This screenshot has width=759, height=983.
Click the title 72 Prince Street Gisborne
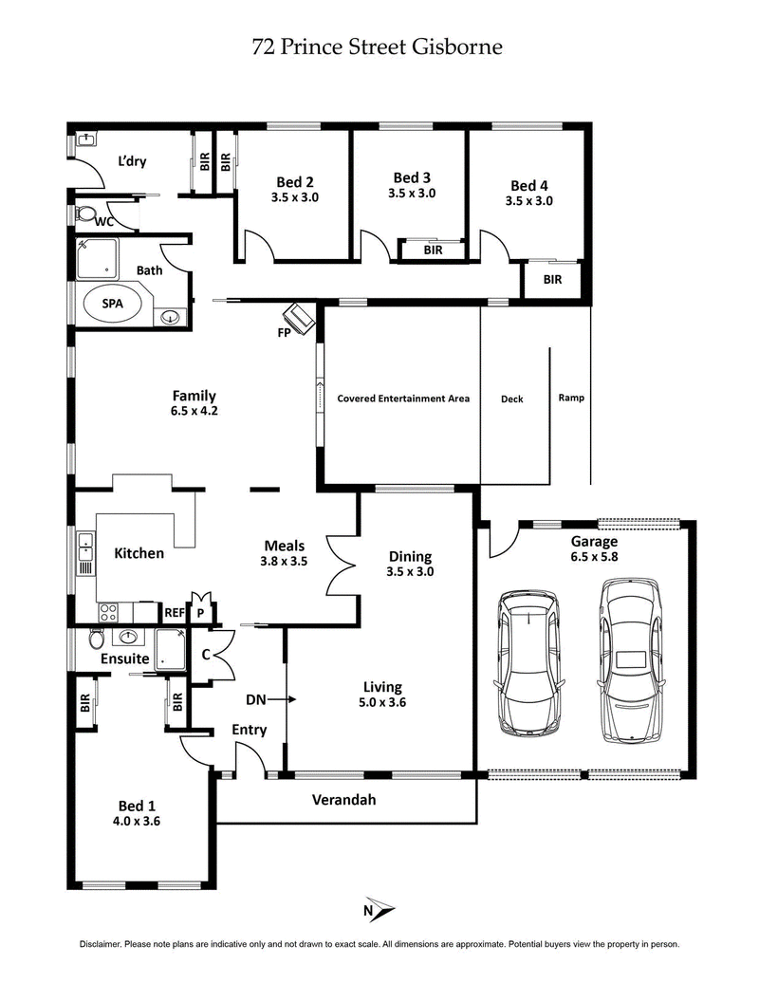(378, 46)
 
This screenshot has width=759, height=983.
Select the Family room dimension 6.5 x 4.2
(194, 412)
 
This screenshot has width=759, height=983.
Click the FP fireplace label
(284, 332)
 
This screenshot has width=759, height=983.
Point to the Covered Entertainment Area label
(403, 399)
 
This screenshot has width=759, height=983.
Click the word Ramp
(571, 398)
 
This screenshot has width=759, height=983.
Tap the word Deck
(511, 399)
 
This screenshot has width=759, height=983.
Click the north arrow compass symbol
(379, 910)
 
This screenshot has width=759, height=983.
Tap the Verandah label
(343, 800)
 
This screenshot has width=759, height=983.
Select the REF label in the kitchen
(175, 613)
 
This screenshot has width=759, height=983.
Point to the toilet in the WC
(86, 214)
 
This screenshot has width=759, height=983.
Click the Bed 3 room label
(412, 177)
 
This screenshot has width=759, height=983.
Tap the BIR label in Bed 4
(552, 280)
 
